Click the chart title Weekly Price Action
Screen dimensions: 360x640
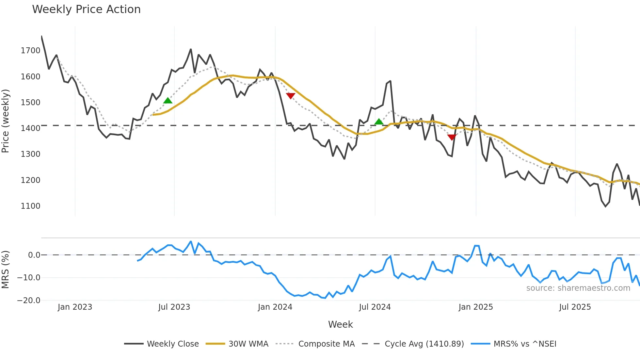86,9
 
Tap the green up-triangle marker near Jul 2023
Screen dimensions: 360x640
168,100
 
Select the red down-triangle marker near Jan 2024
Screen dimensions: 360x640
291,96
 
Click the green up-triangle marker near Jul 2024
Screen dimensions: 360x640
379,122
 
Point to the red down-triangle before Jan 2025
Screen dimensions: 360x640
452,137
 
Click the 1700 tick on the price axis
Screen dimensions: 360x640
30,51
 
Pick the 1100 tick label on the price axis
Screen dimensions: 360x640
30,206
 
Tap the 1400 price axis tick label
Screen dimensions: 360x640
30,128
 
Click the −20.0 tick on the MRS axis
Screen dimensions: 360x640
29,301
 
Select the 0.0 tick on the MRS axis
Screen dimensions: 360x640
34,255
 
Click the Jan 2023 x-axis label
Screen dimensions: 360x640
75,307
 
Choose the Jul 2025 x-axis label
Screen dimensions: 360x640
575,307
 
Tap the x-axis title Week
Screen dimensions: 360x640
340,324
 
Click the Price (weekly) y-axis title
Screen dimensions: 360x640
6,121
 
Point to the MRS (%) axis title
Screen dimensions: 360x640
6,270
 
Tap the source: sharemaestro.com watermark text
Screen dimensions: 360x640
578,288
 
